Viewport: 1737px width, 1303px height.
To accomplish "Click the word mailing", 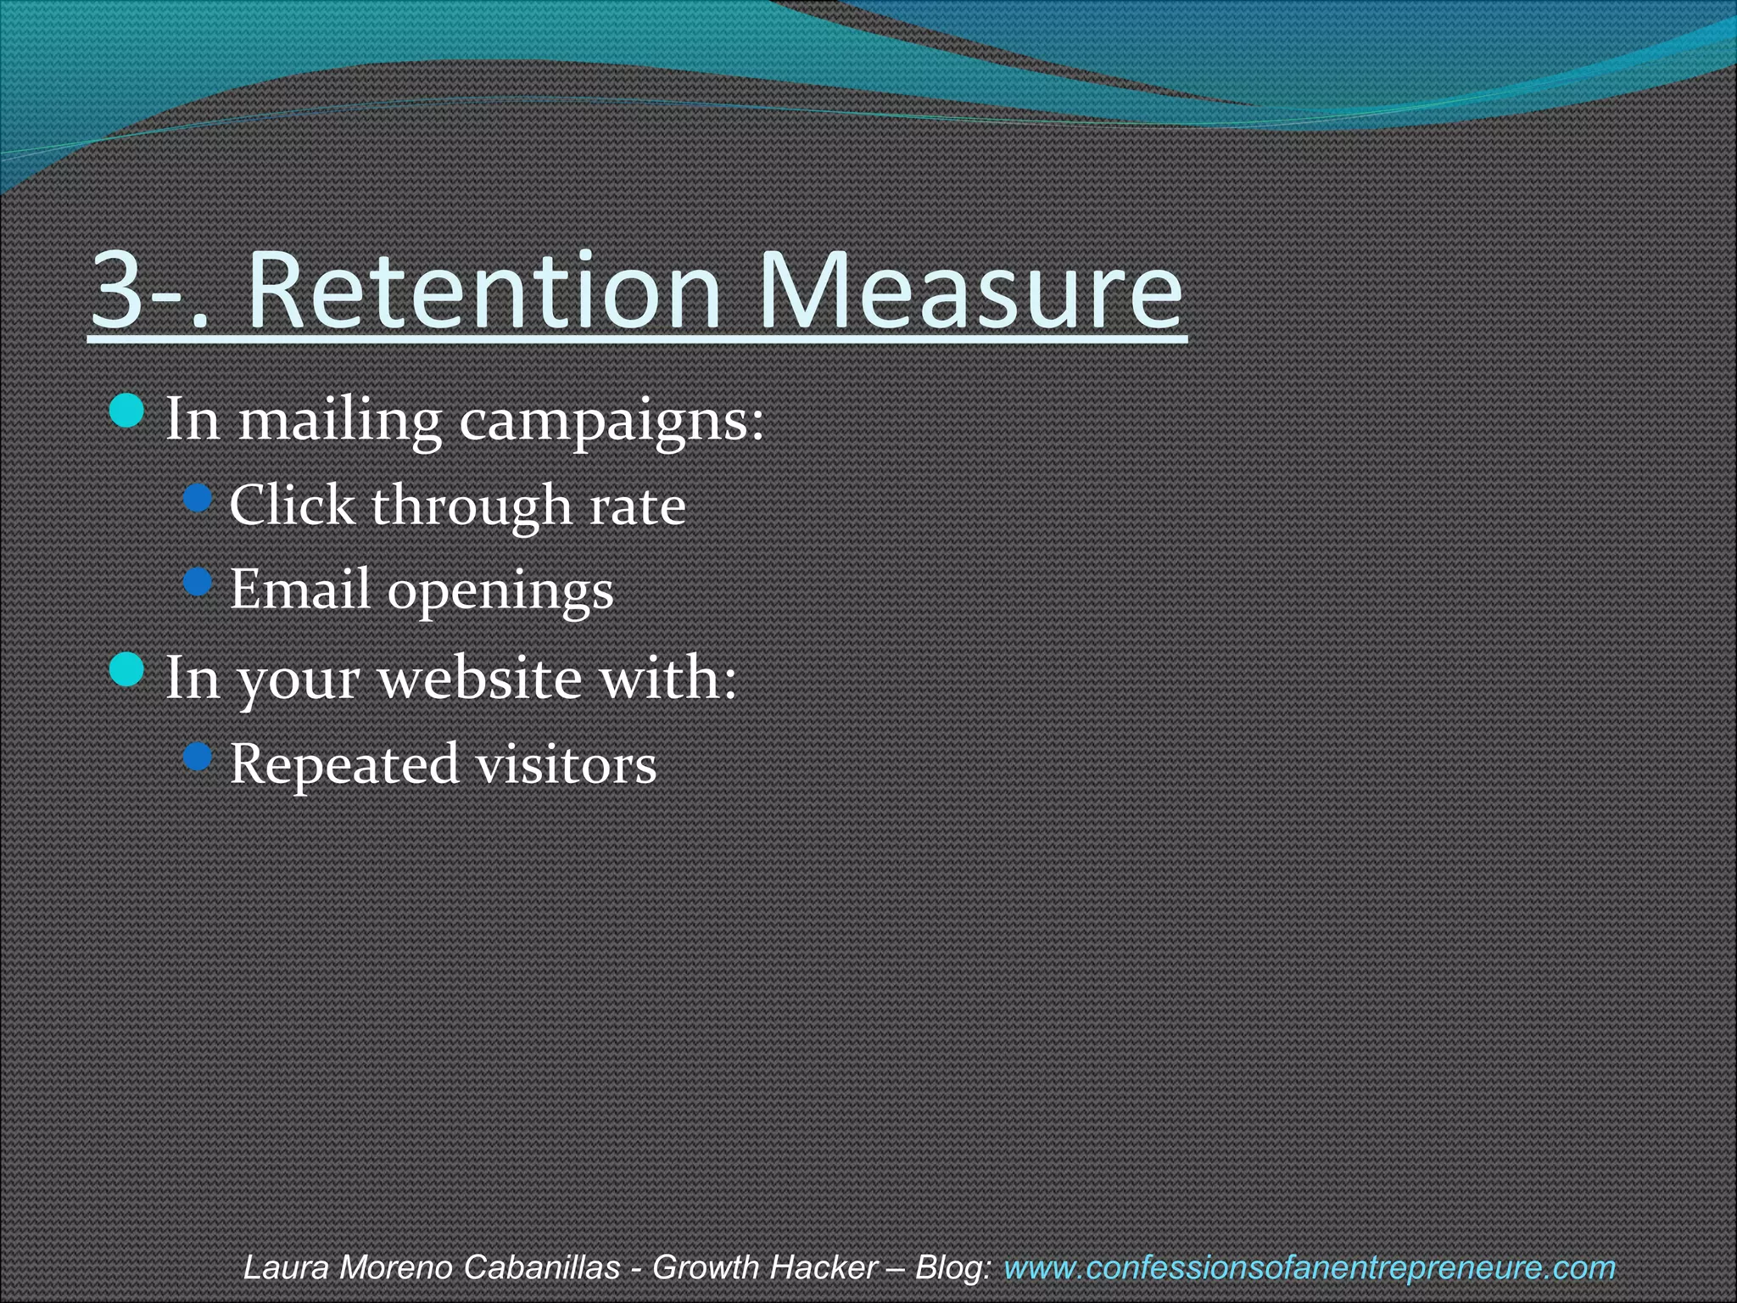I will [x=339, y=421].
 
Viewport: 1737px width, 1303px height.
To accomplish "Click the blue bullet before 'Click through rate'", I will [x=198, y=499].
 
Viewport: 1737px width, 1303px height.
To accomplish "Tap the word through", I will [x=472, y=507].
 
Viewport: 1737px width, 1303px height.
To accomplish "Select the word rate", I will [x=637, y=507].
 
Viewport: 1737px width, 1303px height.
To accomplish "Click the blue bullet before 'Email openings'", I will [x=198, y=582].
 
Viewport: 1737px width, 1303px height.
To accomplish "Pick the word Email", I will [x=299, y=589].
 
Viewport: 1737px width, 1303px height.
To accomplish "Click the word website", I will [x=480, y=678].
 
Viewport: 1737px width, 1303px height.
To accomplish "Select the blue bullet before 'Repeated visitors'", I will [x=198, y=757].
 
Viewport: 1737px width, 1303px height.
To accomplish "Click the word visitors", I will [x=565, y=763].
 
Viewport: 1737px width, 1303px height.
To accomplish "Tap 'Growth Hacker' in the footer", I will [x=764, y=1268].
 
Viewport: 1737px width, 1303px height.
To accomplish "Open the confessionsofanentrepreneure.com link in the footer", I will [x=1309, y=1268].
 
